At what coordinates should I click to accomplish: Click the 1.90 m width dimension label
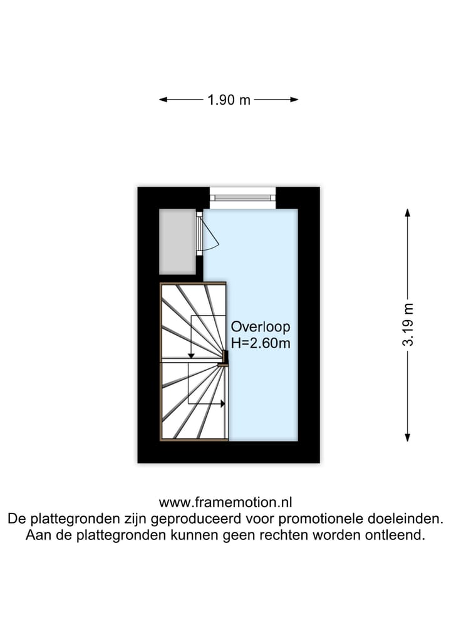(x=229, y=100)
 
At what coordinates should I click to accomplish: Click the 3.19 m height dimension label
(x=408, y=324)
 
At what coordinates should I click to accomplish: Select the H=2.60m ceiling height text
(x=261, y=343)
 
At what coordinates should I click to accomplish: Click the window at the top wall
(x=242, y=197)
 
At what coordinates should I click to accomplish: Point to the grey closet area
(x=177, y=241)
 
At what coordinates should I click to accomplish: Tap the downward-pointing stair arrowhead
(x=191, y=355)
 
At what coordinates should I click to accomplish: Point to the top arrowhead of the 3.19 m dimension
(x=408, y=212)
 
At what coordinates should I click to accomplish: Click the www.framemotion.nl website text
(x=225, y=502)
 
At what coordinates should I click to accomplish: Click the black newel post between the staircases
(x=224, y=356)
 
